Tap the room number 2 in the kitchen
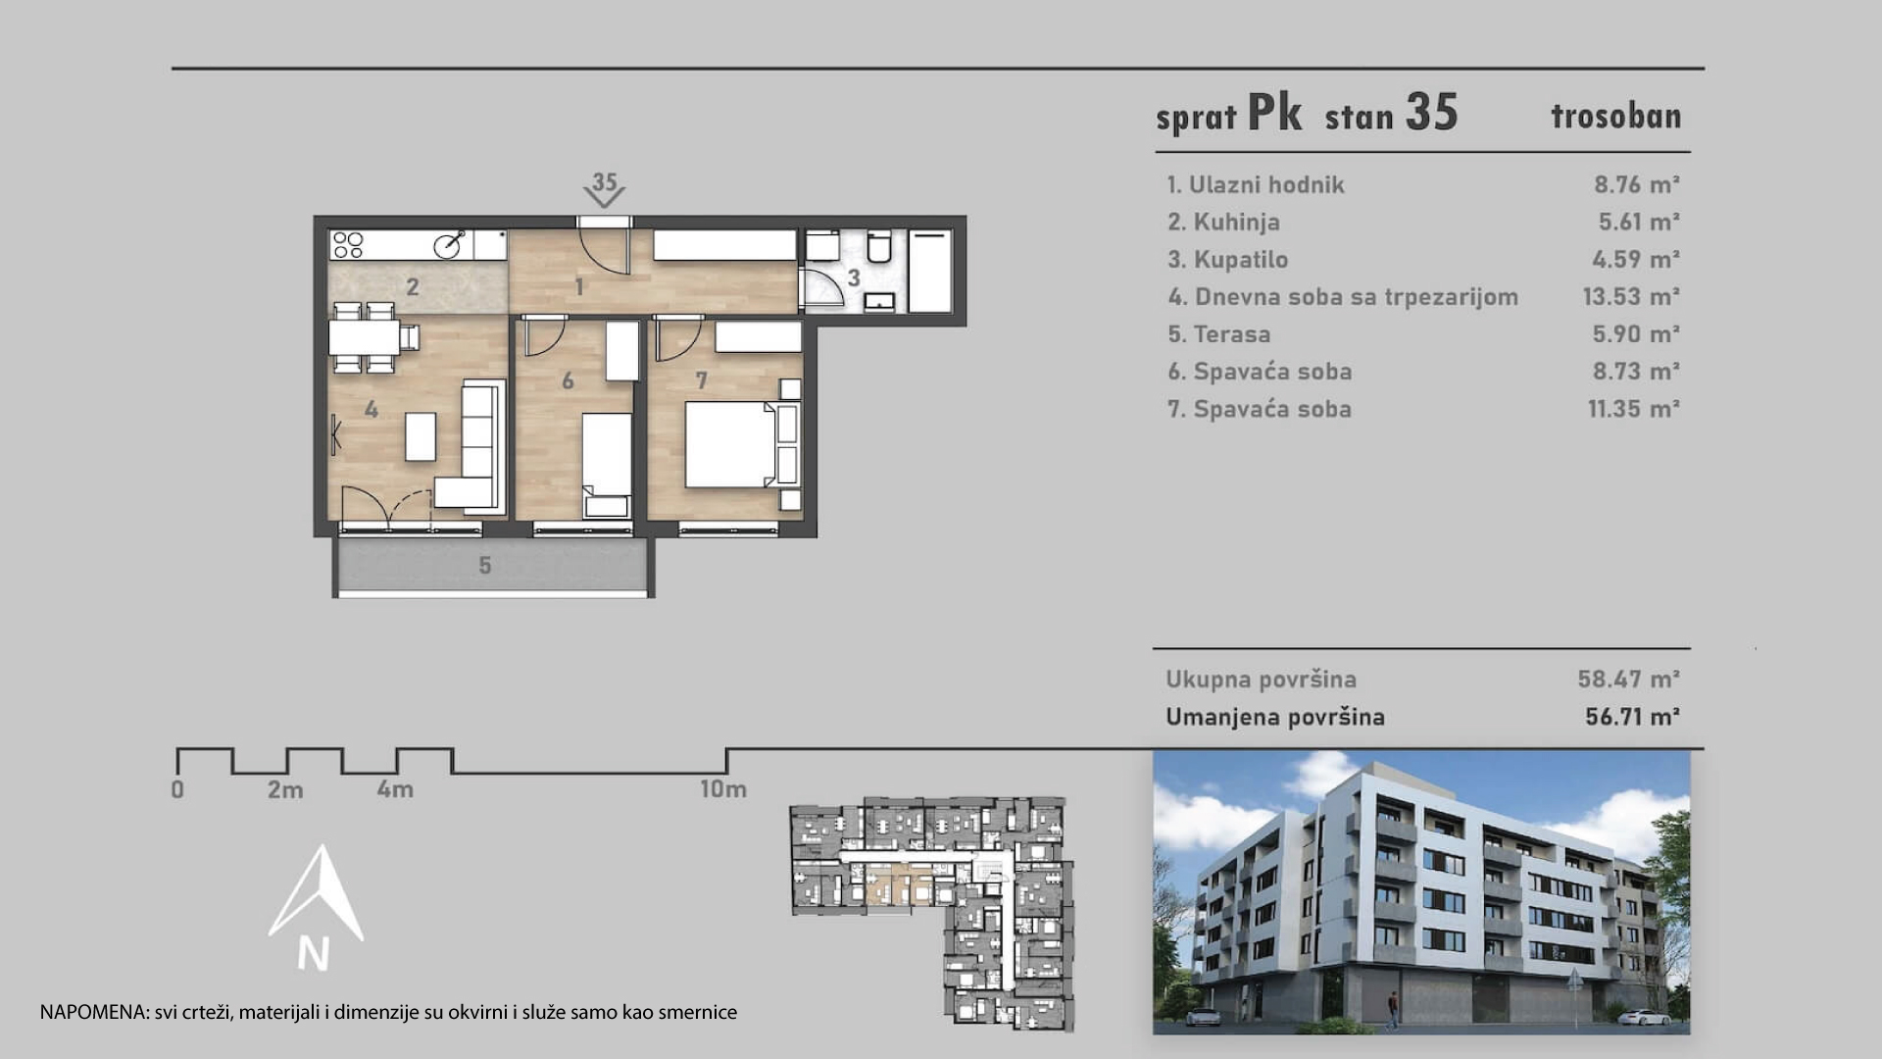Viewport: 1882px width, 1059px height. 413,287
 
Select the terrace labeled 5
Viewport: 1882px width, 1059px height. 493,566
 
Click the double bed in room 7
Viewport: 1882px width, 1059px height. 733,446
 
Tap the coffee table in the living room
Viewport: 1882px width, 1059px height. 421,436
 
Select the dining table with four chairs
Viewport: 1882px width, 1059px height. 366,337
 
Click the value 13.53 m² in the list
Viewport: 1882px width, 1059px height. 1630,297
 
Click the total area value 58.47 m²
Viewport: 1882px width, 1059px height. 1628,679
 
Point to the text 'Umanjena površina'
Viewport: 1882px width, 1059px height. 1275,717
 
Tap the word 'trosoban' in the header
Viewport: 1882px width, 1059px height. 1615,117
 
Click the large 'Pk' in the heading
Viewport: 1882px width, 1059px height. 1274,113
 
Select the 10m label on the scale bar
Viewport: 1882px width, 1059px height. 723,788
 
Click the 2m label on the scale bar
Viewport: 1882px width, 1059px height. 285,789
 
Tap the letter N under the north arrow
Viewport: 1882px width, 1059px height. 314,954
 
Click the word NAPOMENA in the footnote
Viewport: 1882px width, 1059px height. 94,1012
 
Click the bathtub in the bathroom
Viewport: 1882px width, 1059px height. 931,272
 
